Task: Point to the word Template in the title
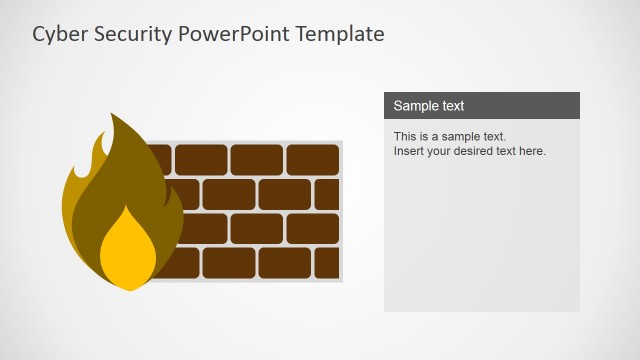point(339,34)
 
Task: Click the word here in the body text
point(532,151)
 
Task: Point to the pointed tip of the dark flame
point(114,117)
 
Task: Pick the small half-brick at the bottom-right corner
point(327,263)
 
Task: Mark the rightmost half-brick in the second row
point(327,194)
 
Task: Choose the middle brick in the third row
point(256,228)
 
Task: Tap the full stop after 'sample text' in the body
point(505,137)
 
